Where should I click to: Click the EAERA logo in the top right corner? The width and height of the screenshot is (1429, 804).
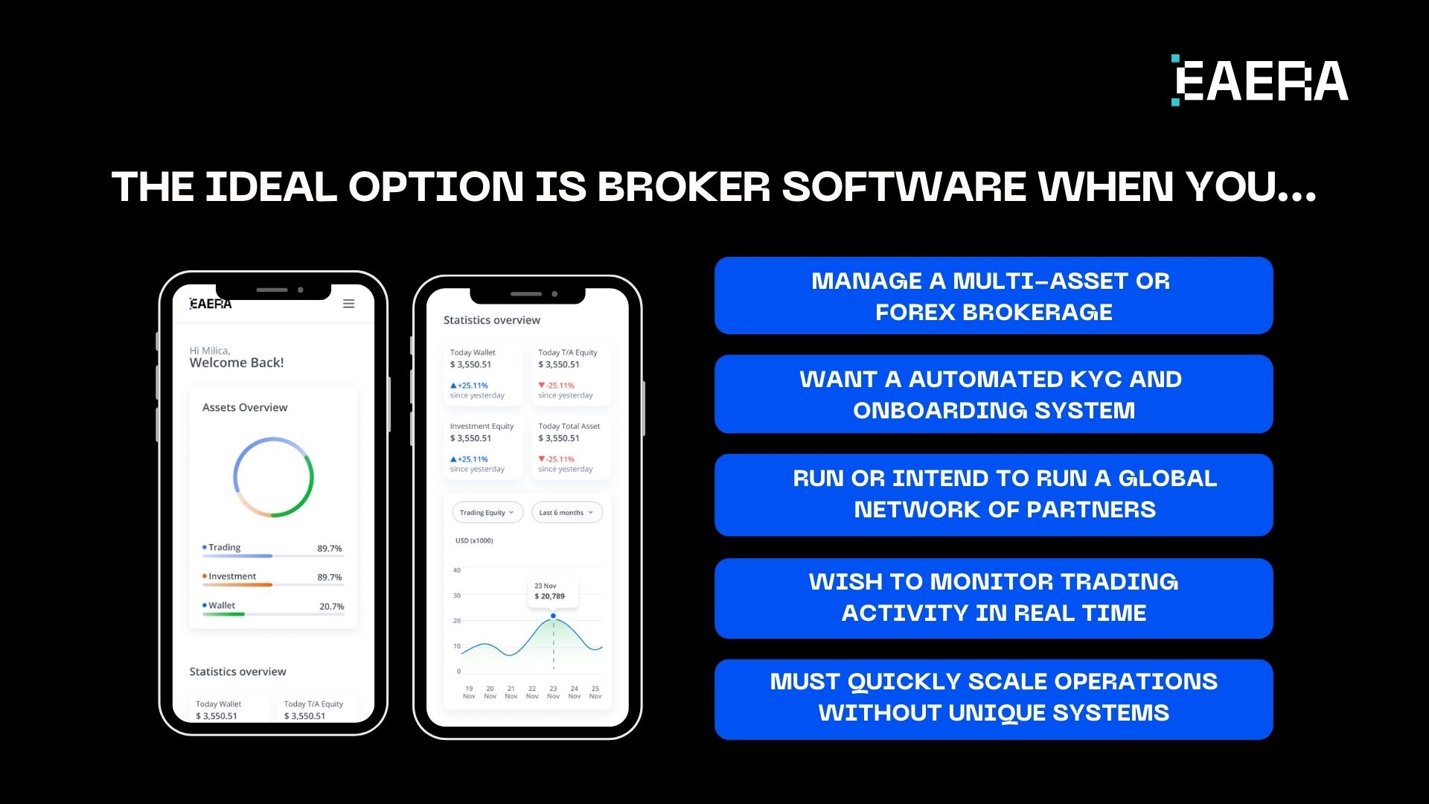pos(1260,80)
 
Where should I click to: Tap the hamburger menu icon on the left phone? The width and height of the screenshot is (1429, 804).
pos(348,304)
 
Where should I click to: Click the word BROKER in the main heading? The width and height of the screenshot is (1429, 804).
pos(683,187)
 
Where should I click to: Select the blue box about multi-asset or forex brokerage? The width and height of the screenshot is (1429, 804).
pos(993,296)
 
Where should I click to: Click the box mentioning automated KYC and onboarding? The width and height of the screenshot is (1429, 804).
pos(993,395)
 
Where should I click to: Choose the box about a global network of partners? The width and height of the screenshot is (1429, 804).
pos(993,494)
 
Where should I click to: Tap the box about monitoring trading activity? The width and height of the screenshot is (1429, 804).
pos(993,598)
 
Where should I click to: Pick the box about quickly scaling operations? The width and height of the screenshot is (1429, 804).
pos(993,698)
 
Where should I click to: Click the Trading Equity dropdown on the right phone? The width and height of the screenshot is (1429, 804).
pos(487,512)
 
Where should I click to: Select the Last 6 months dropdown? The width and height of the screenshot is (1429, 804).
pos(566,512)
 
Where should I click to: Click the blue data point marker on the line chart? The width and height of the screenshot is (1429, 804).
pos(553,616)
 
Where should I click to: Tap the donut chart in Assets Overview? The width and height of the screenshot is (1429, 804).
pos(273,478)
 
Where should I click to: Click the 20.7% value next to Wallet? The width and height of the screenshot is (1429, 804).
pos(331,607)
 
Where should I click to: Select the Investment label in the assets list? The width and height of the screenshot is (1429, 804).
pos(231,576)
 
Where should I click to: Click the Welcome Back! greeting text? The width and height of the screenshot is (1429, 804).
pos(237,363)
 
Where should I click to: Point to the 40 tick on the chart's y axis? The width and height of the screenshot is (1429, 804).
pos(457,570)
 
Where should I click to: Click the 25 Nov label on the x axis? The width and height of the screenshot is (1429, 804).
pos(595,692)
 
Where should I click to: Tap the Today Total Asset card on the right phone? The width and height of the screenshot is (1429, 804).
pos(569,447)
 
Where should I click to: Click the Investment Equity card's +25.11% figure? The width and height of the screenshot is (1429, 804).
pos(472,459)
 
